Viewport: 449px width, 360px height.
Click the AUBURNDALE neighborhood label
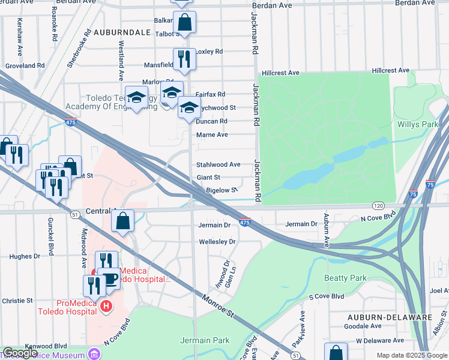[121, 32]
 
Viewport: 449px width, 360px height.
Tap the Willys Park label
[418, 125]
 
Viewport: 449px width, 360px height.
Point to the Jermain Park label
[205, 340]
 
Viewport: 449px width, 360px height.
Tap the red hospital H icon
[106, 307]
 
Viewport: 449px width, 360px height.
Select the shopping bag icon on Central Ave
[122, 221]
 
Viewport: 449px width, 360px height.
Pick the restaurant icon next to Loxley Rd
[184, 58]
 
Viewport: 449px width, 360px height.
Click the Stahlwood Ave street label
[218, 164]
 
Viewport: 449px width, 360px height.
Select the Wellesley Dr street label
[218, 242]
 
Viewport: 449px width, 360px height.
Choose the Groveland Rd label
[25, 65]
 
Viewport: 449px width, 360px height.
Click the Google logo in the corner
[20, 353]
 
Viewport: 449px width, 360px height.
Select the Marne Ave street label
[212, 135]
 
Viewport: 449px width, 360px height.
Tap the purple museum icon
[92, 354]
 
